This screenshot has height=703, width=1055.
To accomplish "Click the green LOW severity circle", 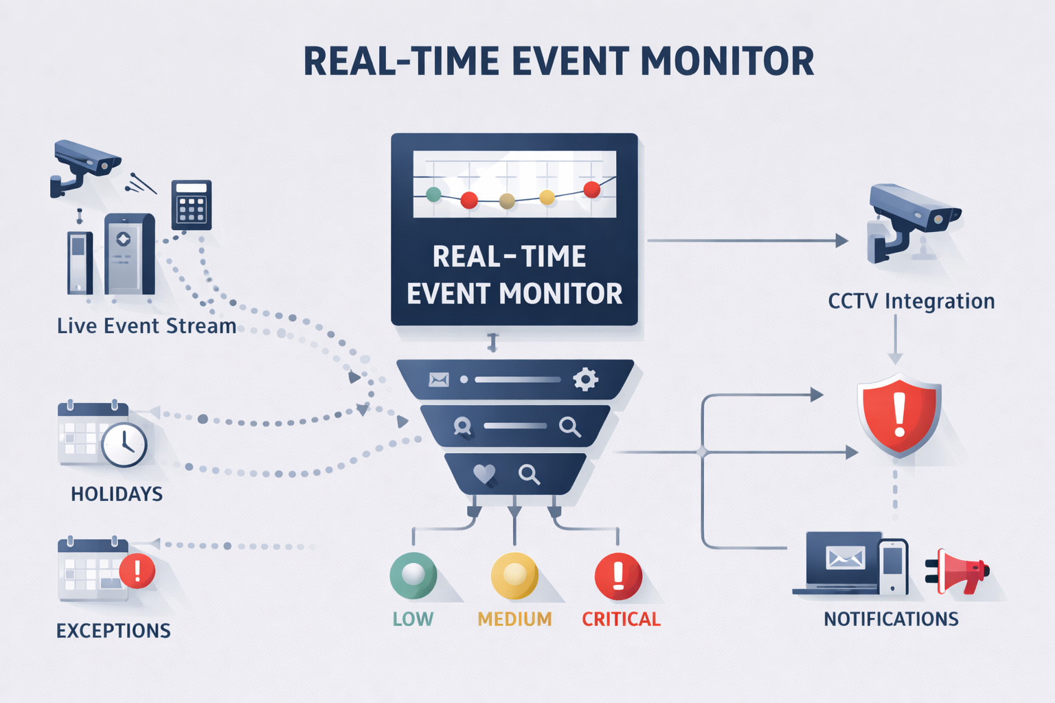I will tap(413, 575).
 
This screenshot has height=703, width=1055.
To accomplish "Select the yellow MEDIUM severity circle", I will tap(514, 575).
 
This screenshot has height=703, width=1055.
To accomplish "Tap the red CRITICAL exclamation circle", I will tap(618, 576).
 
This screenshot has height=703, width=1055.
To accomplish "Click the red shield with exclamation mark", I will tap(899, 415).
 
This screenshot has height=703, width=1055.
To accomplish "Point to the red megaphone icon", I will tap(960, 571).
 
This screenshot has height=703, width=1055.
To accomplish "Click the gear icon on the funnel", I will tap(585, 379).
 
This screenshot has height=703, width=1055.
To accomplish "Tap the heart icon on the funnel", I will tap(484, 474).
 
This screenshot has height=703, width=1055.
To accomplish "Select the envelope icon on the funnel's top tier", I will tap(439, 380).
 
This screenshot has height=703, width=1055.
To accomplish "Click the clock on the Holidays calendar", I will tap(124, 445).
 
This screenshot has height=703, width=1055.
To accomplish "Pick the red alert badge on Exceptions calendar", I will tap(137, 571).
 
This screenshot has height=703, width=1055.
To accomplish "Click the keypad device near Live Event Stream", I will tap(192, 204).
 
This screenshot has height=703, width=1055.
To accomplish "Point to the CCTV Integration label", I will tap(911, 301).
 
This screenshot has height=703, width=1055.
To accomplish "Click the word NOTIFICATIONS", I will tap(891, 619).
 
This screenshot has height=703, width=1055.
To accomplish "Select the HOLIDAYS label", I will tap(117, 494).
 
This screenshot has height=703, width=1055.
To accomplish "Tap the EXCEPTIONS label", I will tap(113, 631).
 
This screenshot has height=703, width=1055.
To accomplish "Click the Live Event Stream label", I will tap(146, 326).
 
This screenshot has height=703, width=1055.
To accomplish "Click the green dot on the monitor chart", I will tap(433, 194).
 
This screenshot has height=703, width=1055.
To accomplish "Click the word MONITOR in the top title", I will tap(727, 62).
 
